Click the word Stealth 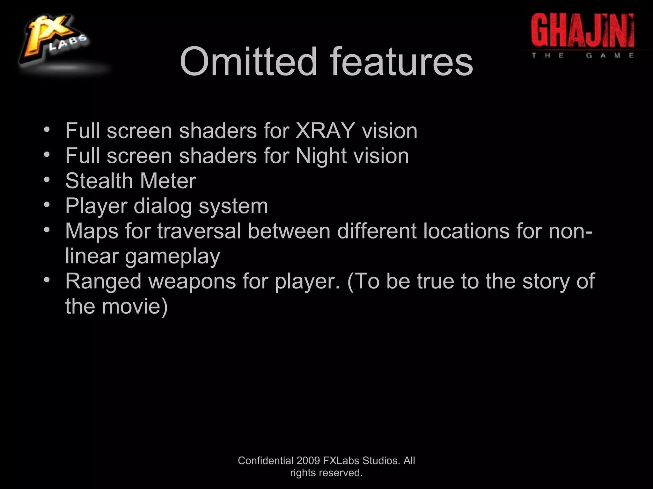(99, 181)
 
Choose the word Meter (168, 181)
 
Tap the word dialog (163, 206)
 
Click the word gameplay (172, 257)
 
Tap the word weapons (192, 282)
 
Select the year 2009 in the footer (308, 461)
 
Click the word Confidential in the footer (265, 461)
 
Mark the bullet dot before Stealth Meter (47, 180)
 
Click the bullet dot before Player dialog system (47, 205)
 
